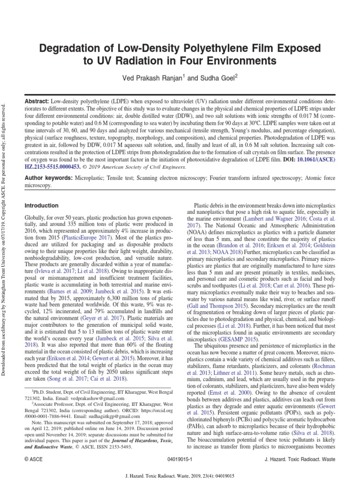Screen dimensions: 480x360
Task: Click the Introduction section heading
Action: point(41,205)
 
